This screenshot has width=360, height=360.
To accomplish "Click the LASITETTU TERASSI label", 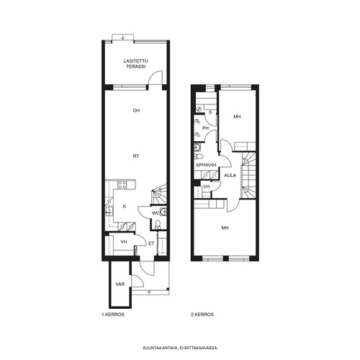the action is [136, 64].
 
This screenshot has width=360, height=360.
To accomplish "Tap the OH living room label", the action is [136, 111].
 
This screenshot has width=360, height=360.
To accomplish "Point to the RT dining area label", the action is [136, 156].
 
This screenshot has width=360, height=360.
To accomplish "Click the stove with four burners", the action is [122, 184].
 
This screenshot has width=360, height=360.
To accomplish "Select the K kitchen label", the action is [125, 207].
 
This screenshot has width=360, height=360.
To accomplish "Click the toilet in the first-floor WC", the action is [158, 224].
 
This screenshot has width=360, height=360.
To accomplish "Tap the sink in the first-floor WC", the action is [163, 212].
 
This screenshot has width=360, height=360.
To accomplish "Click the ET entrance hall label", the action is [151, 244].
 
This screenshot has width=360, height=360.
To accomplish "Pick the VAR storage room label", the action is [120, 284].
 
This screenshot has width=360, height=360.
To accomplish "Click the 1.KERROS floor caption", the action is [113, 315].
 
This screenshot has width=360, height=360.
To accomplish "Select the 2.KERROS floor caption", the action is [202, 315].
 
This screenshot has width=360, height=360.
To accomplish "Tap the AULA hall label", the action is [230, 176].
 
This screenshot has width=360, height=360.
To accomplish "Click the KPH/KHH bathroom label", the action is [206, 165].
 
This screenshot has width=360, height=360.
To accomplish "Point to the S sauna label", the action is [210, 112].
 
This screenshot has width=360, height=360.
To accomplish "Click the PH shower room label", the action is [205, 128].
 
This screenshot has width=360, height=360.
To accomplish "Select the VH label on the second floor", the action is [207, 186].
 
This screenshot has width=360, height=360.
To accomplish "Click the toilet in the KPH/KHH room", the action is [199, 156].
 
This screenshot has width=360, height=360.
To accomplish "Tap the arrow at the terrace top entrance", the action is [123, 37].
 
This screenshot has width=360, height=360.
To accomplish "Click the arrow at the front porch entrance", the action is [150, 292].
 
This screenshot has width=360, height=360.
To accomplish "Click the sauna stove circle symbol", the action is [199, 109].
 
